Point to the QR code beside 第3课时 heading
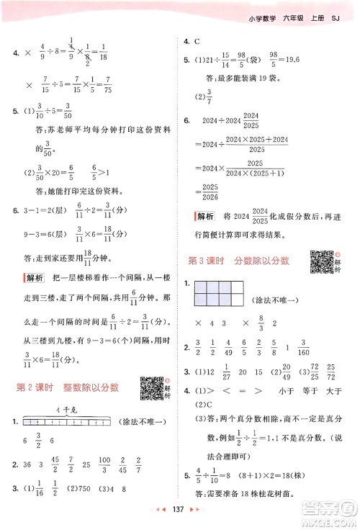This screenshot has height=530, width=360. tap(320, 261)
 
